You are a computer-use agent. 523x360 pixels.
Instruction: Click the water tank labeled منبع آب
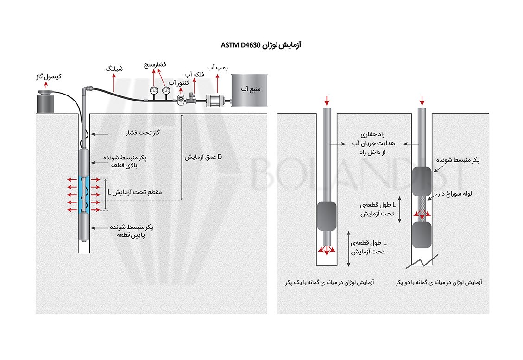coord(248,90)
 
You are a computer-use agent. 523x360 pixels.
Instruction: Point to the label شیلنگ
coord(114,69)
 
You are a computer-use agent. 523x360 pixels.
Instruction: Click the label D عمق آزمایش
coord(203,158)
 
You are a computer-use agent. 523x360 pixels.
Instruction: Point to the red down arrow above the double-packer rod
coord(422,101)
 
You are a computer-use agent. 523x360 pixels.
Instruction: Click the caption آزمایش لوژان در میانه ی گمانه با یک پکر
coord(330,282)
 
